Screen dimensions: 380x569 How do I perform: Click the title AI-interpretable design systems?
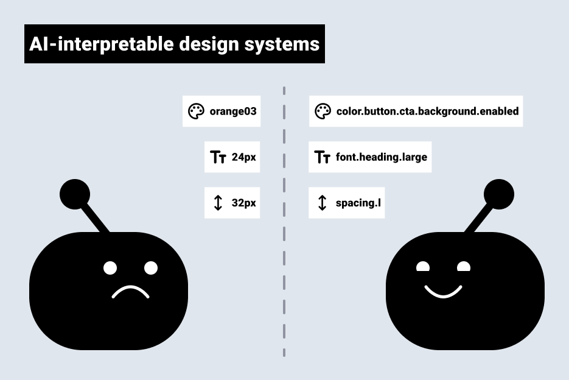(174, 44)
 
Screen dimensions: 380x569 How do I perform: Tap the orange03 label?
(232, 111)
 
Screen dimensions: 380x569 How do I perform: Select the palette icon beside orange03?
(195, 111)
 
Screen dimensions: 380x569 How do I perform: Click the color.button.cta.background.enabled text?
(427, 111)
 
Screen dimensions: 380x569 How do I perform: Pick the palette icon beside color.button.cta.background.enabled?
(323, 111)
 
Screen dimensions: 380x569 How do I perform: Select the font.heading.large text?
(381, 157)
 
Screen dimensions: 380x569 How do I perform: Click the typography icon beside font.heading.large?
(322, 157)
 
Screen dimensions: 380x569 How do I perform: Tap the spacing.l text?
(358, 203)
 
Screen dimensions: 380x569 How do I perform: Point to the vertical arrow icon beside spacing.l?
(323, 203)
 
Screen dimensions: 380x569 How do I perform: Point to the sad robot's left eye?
(110, 268)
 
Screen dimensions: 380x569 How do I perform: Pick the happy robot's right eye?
(464, 267)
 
